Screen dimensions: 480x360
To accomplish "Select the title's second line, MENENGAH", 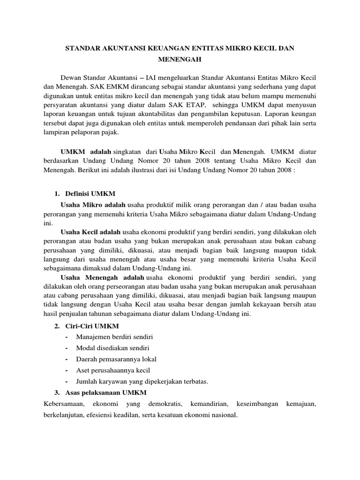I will point(180,60).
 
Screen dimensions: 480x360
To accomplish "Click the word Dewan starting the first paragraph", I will point(72,77).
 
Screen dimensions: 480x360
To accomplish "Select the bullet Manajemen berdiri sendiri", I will point(115,337).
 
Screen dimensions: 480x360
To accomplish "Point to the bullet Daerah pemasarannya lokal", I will point(116,359).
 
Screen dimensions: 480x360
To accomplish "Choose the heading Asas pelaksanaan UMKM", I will point(99,392).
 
